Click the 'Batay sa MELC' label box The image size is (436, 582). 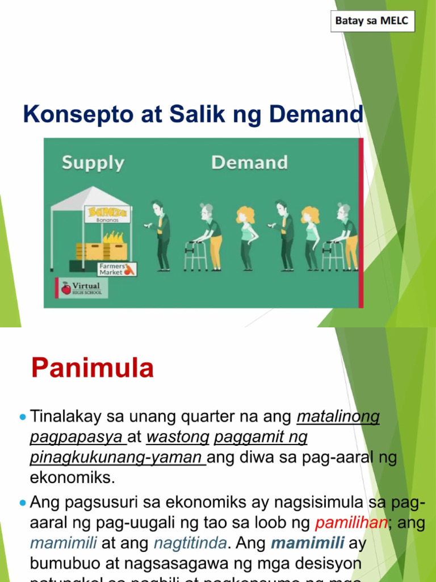tap(373, 22)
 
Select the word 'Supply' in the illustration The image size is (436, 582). tap(93, 163)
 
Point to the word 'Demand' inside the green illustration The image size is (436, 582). tap(249, 163)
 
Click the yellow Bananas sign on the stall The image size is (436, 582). tap(107, 214)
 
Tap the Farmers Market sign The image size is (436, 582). tap(116, 268)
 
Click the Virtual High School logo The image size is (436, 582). tap(81, 288)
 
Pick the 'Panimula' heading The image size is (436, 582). tap(93, 368)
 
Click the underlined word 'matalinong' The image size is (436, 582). tap(338, 417)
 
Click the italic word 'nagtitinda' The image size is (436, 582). tap(190, 543)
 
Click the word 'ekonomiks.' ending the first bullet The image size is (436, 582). tap(73, 477)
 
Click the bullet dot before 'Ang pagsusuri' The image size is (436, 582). tap(23, 503)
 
